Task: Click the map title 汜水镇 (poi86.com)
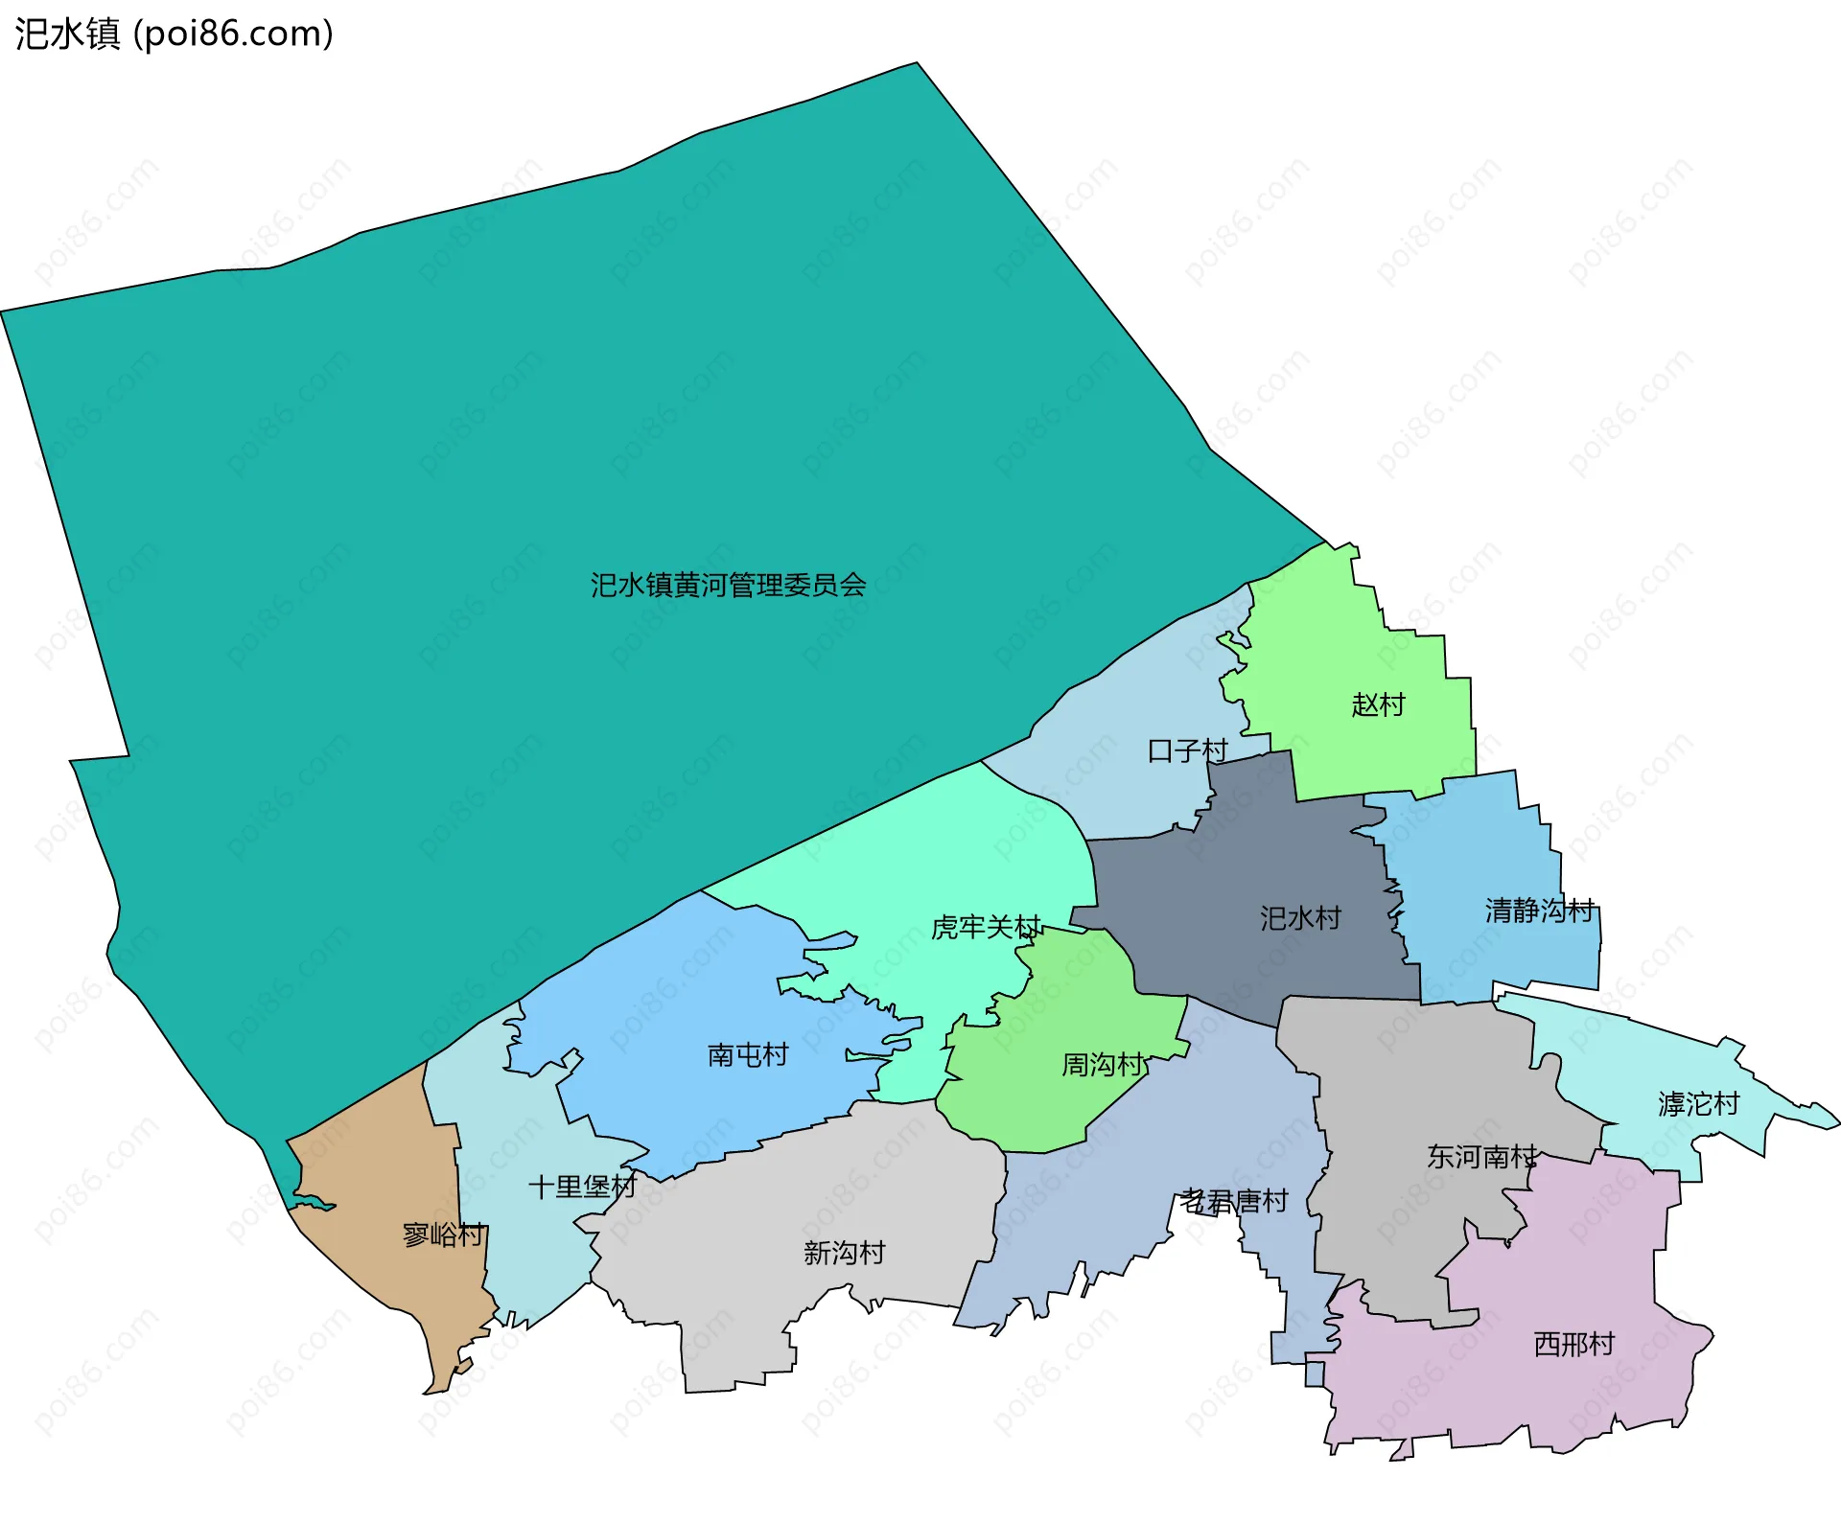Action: point(174,34)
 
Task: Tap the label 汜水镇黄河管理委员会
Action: point(728,585)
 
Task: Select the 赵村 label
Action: point(1378,704)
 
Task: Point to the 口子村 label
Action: point(1187,750)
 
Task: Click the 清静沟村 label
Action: point(1540,910)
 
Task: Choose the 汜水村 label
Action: point(1300,918)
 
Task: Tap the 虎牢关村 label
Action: point(986,927)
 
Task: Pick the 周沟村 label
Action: point(1103,1064)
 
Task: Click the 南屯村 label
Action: point(748,1055)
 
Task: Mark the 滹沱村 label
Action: point(1698,1104)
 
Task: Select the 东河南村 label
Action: point(1481,1157)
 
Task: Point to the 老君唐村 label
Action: point(1234,1201)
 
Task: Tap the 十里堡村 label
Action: point(582,1187)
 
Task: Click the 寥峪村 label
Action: point(443,1235)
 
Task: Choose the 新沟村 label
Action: point(844,1253)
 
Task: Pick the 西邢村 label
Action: point(1574,1344)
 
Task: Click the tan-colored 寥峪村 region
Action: point(384,1179)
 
